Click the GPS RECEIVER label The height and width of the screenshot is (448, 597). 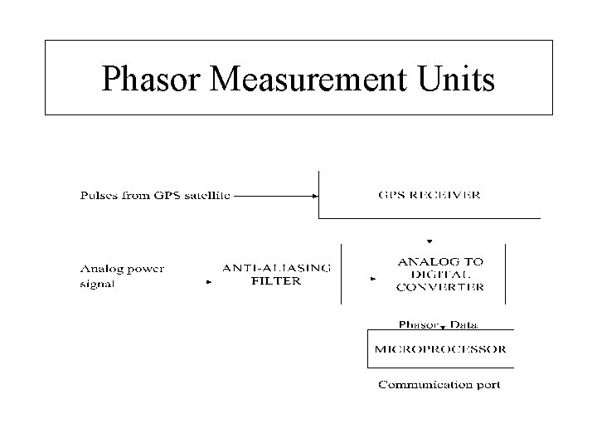[x=429, y=196]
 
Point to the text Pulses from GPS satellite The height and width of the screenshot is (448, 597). [x=155, y=196]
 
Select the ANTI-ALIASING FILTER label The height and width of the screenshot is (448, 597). [x=276, y=274]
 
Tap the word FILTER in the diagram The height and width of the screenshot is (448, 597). [x=276, y=280]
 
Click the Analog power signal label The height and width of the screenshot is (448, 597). [x=122, y=275]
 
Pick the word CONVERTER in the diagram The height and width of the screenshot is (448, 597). [x=440, y=287]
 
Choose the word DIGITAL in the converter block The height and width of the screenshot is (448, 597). [x=440, y=275]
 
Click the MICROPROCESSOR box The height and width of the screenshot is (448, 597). [x=440, y=349]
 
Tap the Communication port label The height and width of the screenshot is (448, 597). [x=439, y=384]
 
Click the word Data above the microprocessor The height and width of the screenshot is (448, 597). [x=464, y=324]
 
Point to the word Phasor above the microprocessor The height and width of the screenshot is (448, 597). [x=420, y=324]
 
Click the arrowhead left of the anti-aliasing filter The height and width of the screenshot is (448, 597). [x=208, y=282]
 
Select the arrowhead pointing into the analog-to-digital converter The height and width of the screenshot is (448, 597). [x=373, y=280]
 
